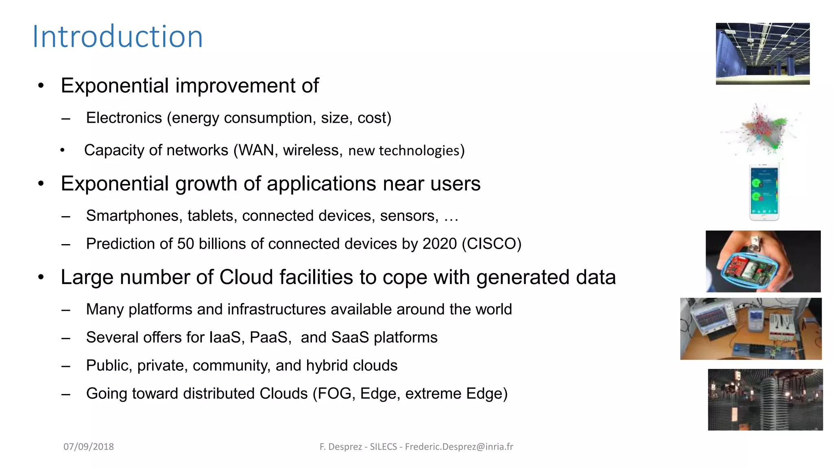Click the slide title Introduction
(x=118, y=37)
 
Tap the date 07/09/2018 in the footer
(x=89, y=446)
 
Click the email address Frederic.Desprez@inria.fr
(x=459, y=446)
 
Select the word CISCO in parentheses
(x=491, y=244)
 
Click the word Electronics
(x=124, y=118)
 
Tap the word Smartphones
(x=133, y=216)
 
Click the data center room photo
(x=763, y=54)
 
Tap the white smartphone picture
(x=764, y=193)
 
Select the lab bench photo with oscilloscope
(x=751, y=329)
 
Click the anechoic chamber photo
(x=765, y=400)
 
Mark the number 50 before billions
(x=185, y=244)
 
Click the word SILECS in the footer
(x=383, y=446)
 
